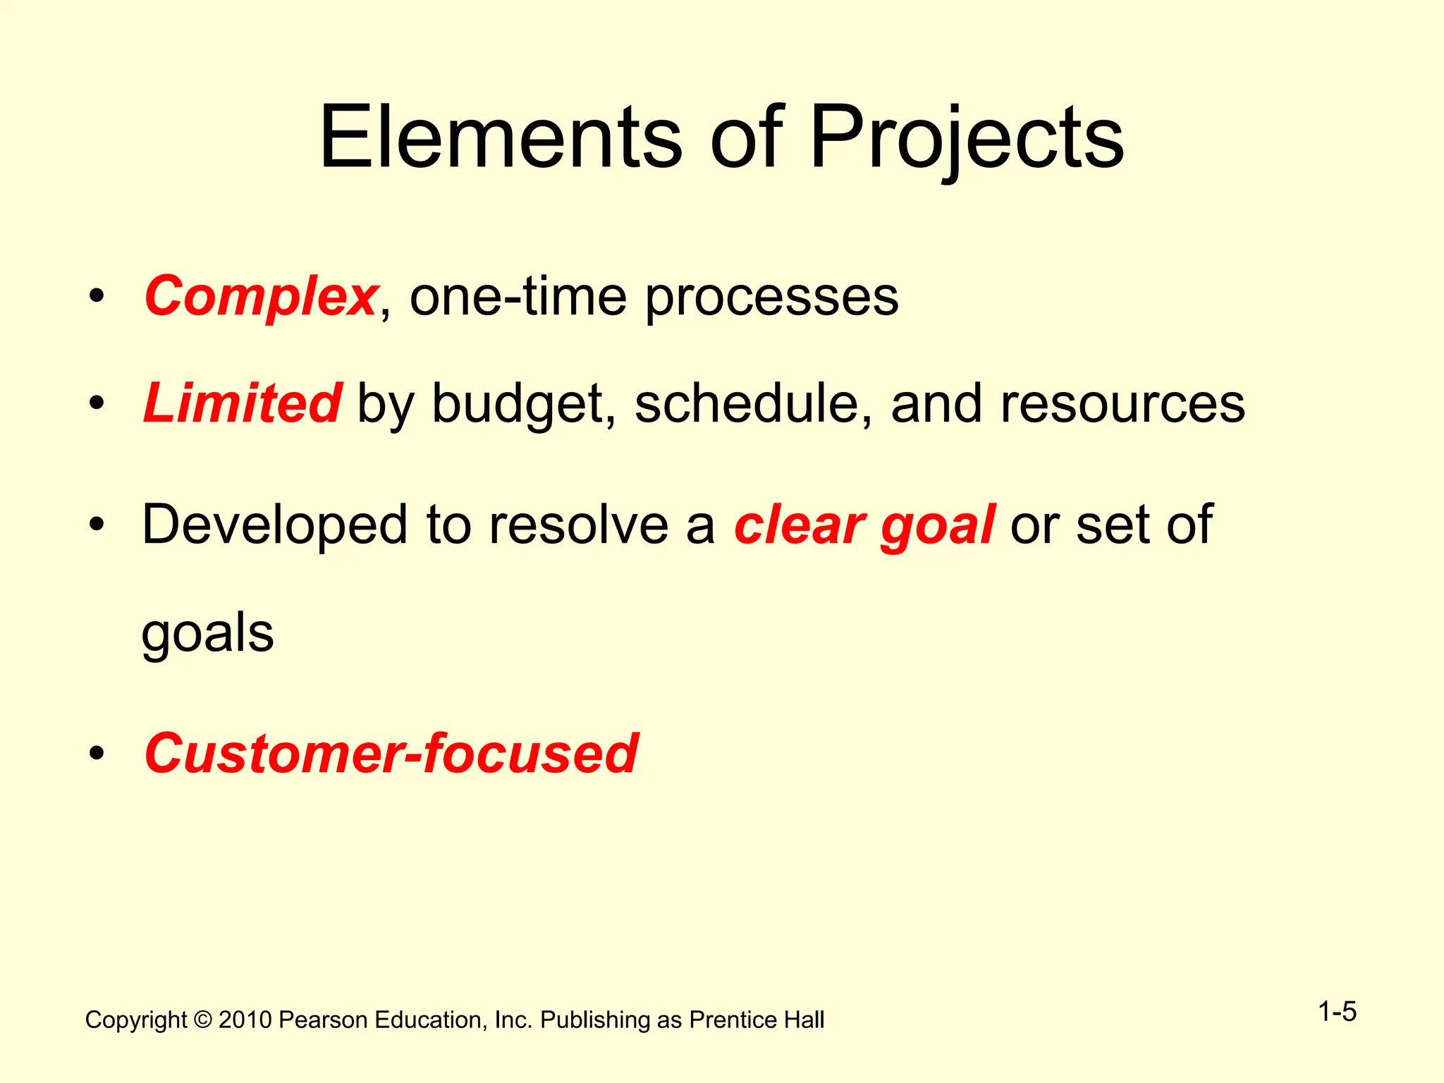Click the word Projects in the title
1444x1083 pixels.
[x=966, y=137]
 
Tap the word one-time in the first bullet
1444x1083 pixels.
[x=518, y=296]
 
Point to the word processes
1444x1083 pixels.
[x=772, y=296]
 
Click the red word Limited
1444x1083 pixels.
[x=243, y=403]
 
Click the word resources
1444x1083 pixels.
[x=1122, y=403]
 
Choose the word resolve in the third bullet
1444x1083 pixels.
[x=578, y=525]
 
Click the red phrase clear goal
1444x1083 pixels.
[x=864, y=525]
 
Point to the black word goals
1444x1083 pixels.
[x=207, y=633]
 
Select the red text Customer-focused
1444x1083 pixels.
[x=391, y=753]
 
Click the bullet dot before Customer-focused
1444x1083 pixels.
[x=97, y=753]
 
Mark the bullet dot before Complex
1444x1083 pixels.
[x=97, y=296]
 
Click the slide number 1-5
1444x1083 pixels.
[x=1337, y=1012]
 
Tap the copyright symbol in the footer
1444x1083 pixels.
[x=203, y=1020]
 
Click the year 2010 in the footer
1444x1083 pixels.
[x=245, y=1020]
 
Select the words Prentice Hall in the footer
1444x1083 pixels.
[x=757, y=1020]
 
